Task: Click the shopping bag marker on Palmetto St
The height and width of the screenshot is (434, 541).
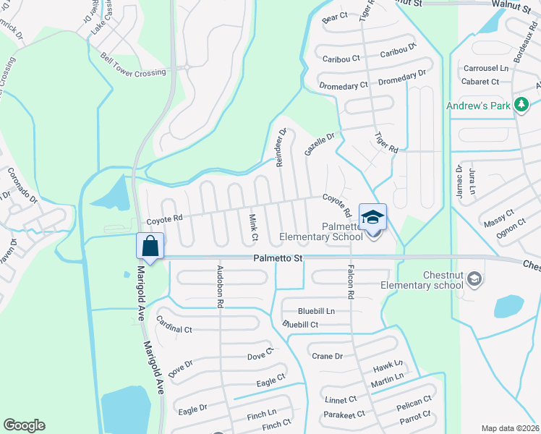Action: point(150,246)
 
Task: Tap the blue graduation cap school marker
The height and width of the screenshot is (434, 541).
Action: point(372,217)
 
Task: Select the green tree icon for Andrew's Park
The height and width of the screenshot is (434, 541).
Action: point(521,106)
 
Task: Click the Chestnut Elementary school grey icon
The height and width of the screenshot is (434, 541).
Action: point(474,278)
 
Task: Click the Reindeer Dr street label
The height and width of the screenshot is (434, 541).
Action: point(281,148)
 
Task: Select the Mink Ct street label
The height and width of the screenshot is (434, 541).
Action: point(254,226)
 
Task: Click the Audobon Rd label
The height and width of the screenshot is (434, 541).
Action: point(218,286)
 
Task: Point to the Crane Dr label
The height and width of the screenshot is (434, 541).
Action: point(327,356)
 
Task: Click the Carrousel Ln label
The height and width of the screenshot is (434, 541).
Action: point(485,69)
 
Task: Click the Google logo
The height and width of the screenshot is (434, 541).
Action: point(24,425)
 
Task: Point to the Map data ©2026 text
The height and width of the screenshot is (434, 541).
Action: point(510,428)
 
